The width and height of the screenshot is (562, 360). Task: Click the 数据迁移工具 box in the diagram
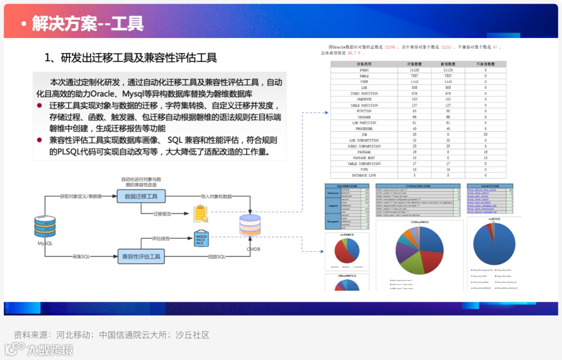click(x=141, y=196)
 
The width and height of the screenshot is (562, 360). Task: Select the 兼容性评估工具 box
click(x=141, y=256)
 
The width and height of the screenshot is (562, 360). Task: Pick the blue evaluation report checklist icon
click(x=201, y=238)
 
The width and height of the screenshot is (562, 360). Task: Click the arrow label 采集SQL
click(x=81, y=256)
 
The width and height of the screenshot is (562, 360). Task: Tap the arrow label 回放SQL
click(x=217, y=256)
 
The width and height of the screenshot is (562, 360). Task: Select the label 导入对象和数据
click(x=216, y=196)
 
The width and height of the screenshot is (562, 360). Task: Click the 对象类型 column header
click(x=364, y=64)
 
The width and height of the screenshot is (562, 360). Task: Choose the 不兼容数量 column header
click(x=486, y=64)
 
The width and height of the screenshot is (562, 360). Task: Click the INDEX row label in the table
click(x=364, y=70)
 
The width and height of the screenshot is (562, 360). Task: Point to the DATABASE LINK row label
click(x=364, y=175)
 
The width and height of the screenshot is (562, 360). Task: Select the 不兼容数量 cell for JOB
click(x=486, y=134)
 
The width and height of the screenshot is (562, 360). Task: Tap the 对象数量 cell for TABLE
click(x=415, y=75)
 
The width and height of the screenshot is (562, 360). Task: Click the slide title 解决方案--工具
click(x=87, y=23)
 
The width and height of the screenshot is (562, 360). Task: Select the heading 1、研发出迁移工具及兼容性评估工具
click(x=130, y=58)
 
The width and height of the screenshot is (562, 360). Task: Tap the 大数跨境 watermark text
click(x=50, y=350)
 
